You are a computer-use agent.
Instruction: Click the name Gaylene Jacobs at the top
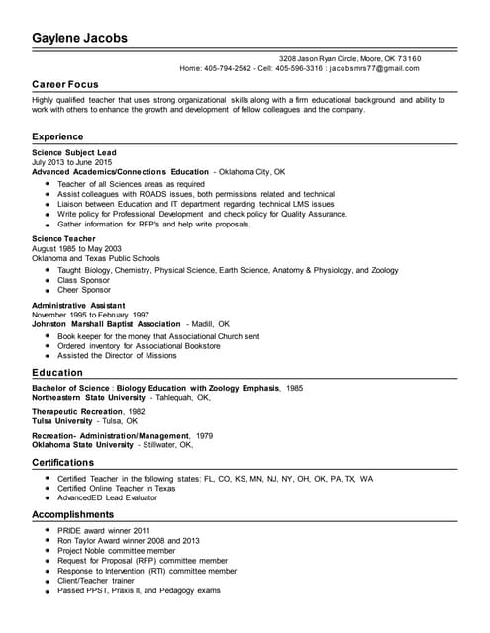(x=79, y=39)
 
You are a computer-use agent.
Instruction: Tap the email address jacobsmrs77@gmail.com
(x=374, y=68)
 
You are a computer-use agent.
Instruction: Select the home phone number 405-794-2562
(x=228, y=68)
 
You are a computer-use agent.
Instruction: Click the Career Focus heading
(x=64, y=86)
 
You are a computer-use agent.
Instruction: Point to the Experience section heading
(x=57, y=136)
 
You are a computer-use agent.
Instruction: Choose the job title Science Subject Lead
(x=74, y=153)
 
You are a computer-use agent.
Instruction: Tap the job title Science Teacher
(x=63, y=239)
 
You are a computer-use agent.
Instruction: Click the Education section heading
(x=56, y=373)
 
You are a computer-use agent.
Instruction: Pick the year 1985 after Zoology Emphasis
(x=295, y=388)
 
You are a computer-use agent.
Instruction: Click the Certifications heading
(x=63, y=462)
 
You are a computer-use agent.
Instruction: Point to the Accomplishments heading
(x=72, y=515)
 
